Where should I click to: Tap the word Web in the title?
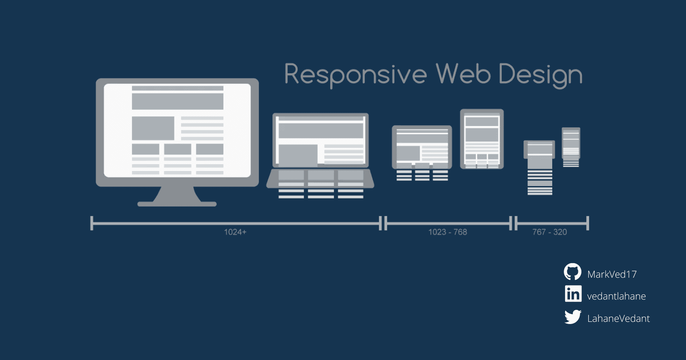tap(463, 74)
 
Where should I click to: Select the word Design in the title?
tap(540, 75)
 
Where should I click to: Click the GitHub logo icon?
tap(572, 272)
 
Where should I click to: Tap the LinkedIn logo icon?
tap(573, 294)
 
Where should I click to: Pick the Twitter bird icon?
tap(573, 317)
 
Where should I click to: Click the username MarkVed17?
tap(612, 274)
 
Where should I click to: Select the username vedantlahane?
tap(616, 296)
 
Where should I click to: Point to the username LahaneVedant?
tap(618, 318)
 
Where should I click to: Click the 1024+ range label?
tap(235, 232)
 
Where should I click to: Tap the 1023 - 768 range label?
tap(448, 232)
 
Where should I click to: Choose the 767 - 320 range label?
tap(549, 232)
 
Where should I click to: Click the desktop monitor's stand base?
tap(177, 204)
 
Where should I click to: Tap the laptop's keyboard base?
tap(320, 179)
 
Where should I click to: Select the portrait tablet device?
tap(482, 138)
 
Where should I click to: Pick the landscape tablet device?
tap(422, 147)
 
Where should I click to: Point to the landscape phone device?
tap(539, 150)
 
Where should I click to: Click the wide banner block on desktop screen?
tap(178, 102)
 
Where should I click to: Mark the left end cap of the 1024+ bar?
tap(92, 223)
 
